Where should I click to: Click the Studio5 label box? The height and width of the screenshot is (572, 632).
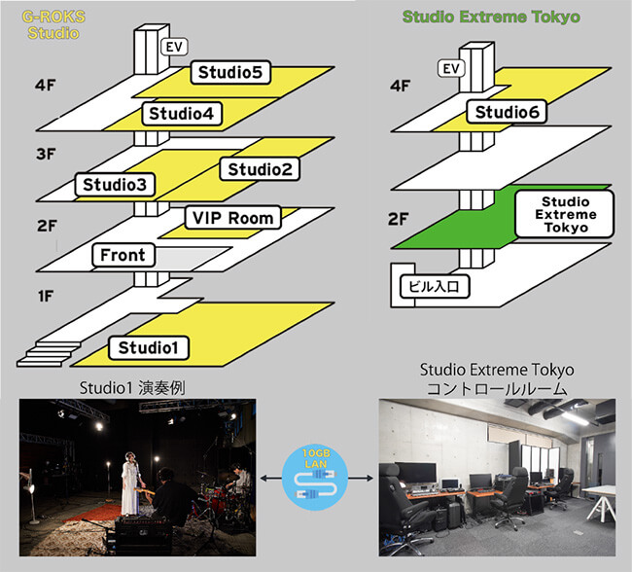tap(230, 72)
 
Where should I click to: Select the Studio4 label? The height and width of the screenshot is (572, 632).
tap(182, 114)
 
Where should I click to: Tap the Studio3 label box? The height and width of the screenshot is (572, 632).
tap(115, 185)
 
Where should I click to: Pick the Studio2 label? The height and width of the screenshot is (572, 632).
tap(260, 169)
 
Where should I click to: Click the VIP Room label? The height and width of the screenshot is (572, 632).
tap(233, 218)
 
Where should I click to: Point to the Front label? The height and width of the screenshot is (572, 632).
tap(123, 255)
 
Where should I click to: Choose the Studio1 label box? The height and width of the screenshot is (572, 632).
tap(149, 347)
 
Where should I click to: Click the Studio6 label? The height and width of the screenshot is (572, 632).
tap(507, 112)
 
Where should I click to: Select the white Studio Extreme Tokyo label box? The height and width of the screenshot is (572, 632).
tap(565, 214)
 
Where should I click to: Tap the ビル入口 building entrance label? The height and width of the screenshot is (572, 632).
tap(435, 286)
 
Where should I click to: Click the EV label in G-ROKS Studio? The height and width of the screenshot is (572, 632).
tap(174, 47)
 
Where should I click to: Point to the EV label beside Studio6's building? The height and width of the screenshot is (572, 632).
tap(451, 68)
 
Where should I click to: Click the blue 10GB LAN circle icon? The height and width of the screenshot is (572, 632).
tap(315, 478)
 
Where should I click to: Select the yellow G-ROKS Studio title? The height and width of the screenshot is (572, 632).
tap(53, 24)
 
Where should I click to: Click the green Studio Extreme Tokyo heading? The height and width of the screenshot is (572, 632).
tap(491, 17)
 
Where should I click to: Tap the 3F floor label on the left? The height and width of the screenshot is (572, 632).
tap(46, 154)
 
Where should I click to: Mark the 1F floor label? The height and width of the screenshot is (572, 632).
tap(46, 297)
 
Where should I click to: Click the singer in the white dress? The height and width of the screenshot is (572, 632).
tap(130, 483)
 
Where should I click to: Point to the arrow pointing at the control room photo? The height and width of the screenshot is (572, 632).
tap(361, 479)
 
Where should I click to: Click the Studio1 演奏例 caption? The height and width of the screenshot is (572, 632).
tap(132, 388)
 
